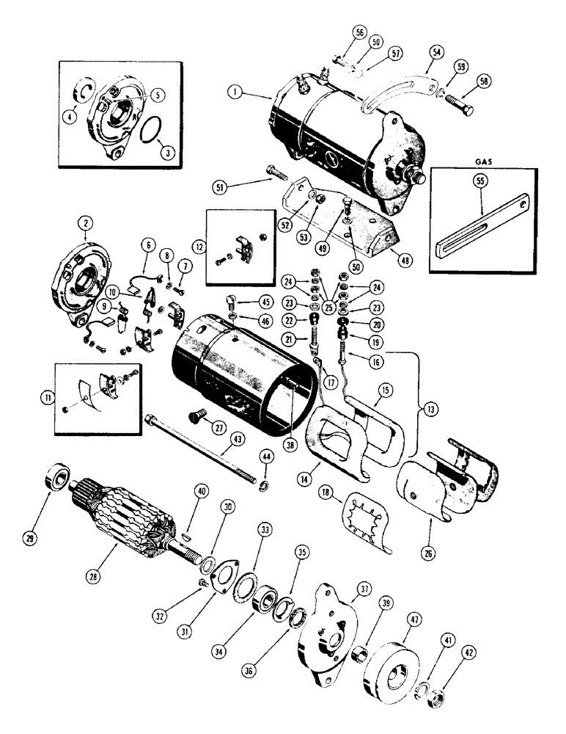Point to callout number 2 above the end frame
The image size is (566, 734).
[87, 236]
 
